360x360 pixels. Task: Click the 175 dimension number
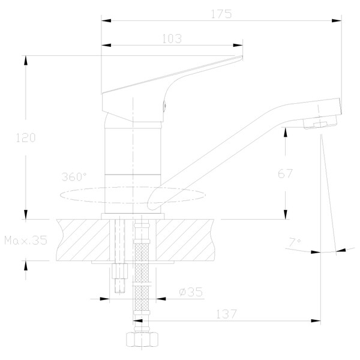(221, 14)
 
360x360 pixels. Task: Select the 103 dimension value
(172, 38)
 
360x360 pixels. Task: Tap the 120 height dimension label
(26, 138)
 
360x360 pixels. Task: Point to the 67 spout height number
(285, 173)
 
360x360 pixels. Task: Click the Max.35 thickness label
(26, 241)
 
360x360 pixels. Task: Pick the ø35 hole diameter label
(191, 292)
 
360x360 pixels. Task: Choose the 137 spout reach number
(226, 314)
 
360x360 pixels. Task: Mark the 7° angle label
(295, 242)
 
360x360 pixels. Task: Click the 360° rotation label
(74, 177)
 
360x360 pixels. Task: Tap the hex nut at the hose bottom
(142, 340)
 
